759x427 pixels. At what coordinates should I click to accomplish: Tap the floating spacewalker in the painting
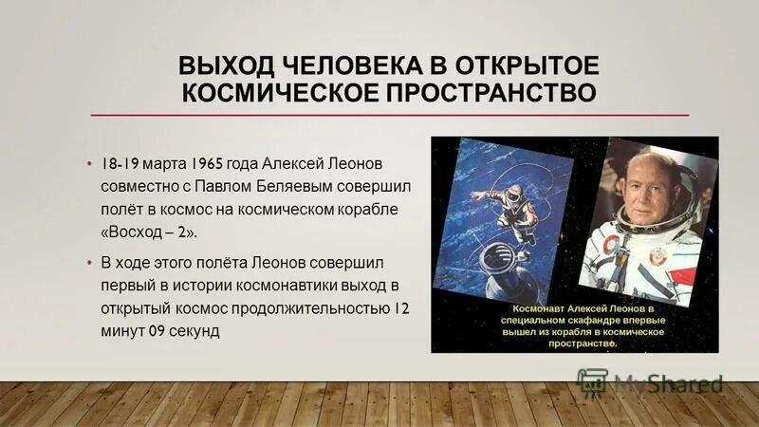pos(501,203)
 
